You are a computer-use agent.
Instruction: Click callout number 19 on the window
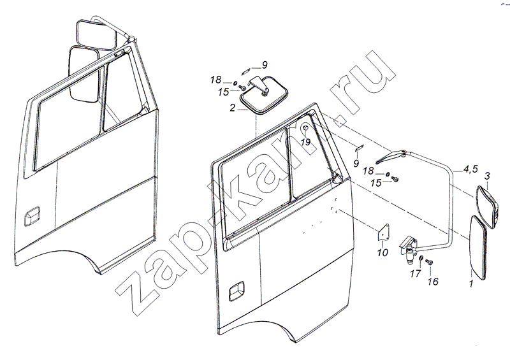[x=306, y=142]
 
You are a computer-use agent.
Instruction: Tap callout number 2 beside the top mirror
[x=232, y=108]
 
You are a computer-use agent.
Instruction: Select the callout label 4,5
[x=470, y=169]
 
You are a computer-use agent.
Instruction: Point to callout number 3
[x=487, y=176]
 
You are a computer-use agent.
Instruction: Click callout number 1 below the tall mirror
[x=470, y=284]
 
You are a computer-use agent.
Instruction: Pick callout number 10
[x=382, y=252]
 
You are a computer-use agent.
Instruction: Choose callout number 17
[x=416, y=274]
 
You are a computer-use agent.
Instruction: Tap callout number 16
[x=433, y=281]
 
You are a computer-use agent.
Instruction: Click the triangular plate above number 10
[x=384, y=232]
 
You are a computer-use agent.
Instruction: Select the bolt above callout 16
[x=430, y=262]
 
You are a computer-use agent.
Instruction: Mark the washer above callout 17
[x=421, y=258]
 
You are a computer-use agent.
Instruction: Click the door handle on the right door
[x=237, y=291]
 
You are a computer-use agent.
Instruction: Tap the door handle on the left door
[x=32, y=216]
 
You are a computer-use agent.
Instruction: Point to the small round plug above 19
[x=305, y=129]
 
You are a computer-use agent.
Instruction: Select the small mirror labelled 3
[x=487, y=207]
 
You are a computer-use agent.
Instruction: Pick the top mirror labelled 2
[x=264, y=95]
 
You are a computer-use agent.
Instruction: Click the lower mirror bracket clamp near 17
[x=408, y=247]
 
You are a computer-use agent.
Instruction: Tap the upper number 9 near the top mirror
[x=265, y=66]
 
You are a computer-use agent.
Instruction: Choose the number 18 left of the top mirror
[x=215, y=80]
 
